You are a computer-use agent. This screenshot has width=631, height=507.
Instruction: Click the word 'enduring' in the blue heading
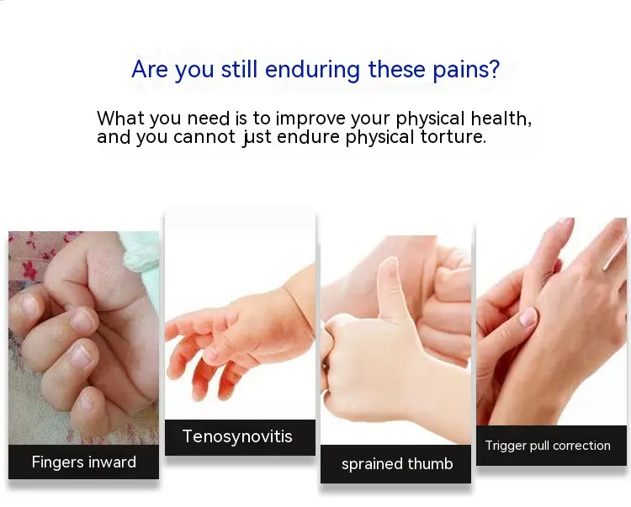312,70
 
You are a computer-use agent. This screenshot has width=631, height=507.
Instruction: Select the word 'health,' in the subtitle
501,119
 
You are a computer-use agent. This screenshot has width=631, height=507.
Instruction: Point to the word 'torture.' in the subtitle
453,137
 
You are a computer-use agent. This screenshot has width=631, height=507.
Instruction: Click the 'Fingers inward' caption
83,462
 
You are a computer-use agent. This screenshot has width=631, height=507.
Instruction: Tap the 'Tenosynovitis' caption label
237,436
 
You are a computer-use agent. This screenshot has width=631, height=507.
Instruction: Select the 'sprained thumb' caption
397,464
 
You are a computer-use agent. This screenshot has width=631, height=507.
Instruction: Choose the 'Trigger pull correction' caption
548,446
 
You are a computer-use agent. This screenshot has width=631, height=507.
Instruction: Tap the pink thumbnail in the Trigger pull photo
528,317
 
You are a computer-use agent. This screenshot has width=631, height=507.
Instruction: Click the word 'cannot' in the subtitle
204,137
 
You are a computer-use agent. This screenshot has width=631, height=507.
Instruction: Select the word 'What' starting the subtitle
120,119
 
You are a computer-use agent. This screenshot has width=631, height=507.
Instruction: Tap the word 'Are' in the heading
149,69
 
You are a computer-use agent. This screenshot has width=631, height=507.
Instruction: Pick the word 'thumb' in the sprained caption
430,463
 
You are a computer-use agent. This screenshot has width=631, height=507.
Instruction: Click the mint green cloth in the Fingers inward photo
141,254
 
